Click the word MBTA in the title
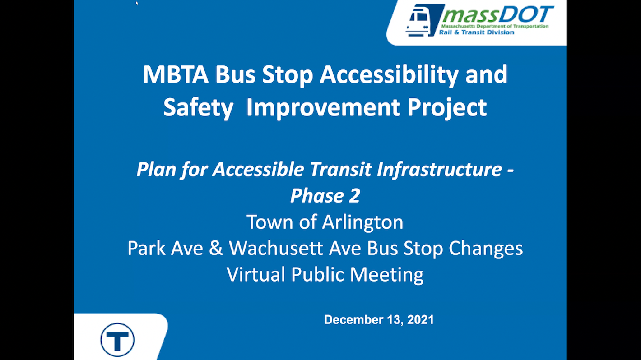pyautogui.click(x=176, y=74)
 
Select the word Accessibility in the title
pyautogui.click(x=389, y=75)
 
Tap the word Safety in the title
pyautogui.click(x=198, y=108)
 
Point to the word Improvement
pyautogui.click(x=323, y=108)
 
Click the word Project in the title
pyautogui.click(x=447, y=108)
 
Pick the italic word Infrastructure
pyautogui.click(x=439, y=169)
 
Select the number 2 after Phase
pyautogui.click(x=354, y=196)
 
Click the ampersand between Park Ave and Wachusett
pyautogui.click(x=216, y=248)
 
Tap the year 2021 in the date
pyautogui.click(x=420, y=320)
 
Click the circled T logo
pyautogui.click(x=117, y=340)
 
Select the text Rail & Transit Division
pyautogui.click(x=477, y=32)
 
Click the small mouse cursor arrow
pyautogui.click(x=137, y=3)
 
